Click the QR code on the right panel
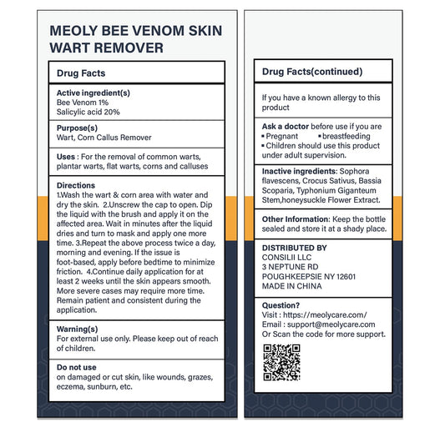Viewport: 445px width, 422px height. click(x=281, y=361)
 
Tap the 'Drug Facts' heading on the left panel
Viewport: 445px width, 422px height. click(x=81, y=73)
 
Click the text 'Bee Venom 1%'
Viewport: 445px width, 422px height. click(x=83, y=102)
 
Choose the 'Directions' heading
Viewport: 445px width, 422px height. click(x=76, y=185)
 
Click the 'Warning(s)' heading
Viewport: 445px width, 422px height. click(x=77, y=329)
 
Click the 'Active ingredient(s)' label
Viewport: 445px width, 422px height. click(x=93, y=93)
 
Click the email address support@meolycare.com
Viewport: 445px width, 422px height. click(x=334, y=324)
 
